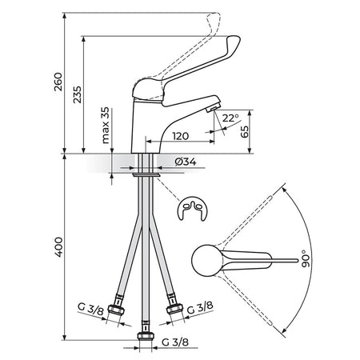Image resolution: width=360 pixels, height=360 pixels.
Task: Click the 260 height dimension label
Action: (58, 82)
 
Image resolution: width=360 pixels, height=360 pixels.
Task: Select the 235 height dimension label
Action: (78, 94)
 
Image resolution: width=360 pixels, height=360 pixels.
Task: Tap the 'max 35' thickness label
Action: (106, 126)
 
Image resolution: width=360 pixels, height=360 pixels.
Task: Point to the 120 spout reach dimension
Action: (181, 136)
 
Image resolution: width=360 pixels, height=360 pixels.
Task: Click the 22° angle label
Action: (230, 118)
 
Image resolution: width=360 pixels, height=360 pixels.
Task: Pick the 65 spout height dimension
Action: (244, 131)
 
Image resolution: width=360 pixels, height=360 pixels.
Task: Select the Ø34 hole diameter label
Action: (186, 162)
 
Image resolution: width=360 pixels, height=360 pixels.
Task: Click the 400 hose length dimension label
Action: (58, 247)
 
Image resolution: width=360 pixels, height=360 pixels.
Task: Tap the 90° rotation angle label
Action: (306, 258)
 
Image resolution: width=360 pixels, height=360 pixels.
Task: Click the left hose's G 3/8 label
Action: (90, 309)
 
